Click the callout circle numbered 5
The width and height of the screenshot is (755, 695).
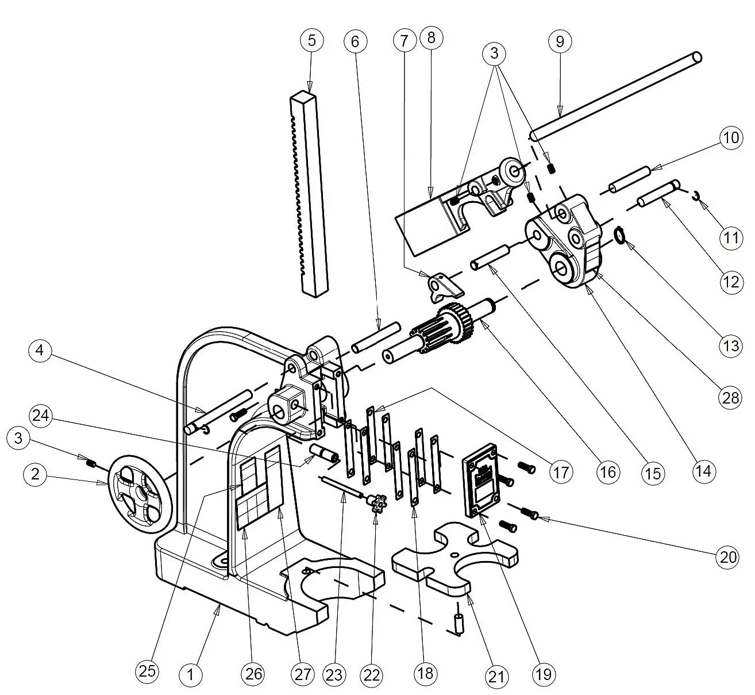(311, 41)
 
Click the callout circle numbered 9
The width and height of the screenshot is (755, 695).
(560, 41)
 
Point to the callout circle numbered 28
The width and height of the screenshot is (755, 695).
(730, 398)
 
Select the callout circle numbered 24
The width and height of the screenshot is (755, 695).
(41, 415)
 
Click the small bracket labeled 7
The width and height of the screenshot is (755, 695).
(441, 286)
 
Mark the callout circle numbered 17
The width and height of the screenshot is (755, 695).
(561, 471)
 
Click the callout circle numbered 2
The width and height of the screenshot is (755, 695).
(36, 474)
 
